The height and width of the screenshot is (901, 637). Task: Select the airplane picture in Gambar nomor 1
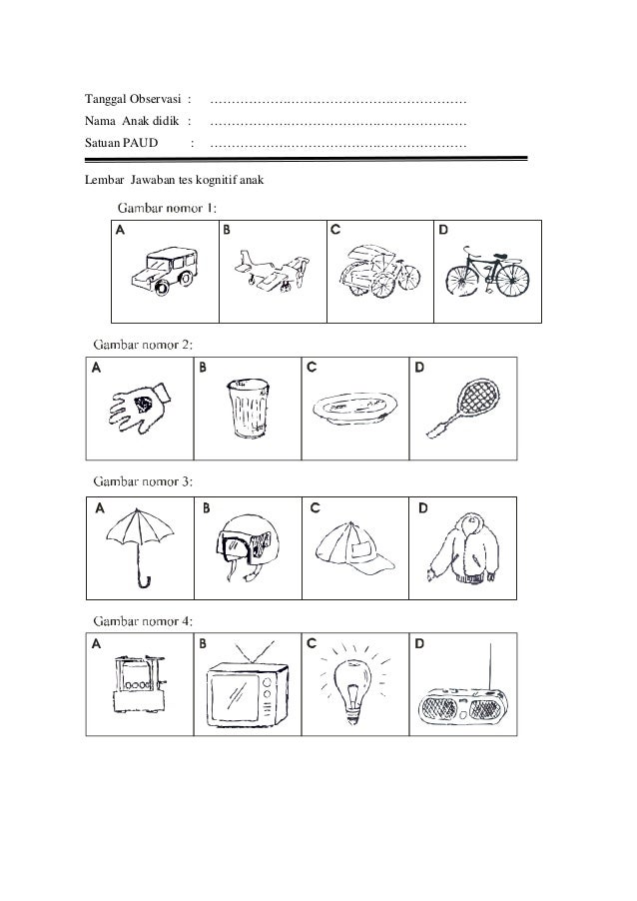(267, 271)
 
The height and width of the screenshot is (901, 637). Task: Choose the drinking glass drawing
(246, 408)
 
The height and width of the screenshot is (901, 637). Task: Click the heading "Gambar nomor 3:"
(143, 480)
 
